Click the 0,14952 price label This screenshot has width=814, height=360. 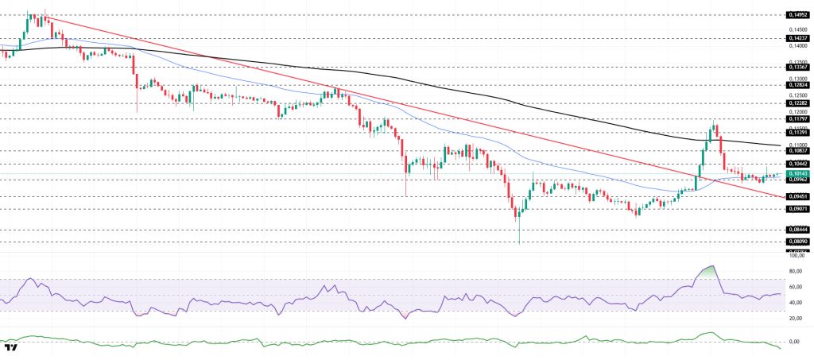point(797,14)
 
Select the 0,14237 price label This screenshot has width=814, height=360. point(797,37)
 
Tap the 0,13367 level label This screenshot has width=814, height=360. point(797,67)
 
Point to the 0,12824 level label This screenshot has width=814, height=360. point(797,84)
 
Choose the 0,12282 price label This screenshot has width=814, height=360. point(797,103)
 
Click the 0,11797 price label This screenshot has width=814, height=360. point(797,118)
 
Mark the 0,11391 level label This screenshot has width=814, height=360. point(797,132)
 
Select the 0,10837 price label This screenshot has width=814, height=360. point(797,150)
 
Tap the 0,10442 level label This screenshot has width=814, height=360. point(797,163)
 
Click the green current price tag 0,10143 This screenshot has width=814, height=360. point(797,173)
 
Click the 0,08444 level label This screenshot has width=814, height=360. point(797,229)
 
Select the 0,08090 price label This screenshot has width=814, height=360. point(797,241)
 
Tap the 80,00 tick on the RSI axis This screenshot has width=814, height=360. point(795,271)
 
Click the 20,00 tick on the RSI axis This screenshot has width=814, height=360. point(795,318)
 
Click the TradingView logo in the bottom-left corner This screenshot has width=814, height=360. point(11,348)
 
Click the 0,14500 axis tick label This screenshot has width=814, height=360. point(796,30)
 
